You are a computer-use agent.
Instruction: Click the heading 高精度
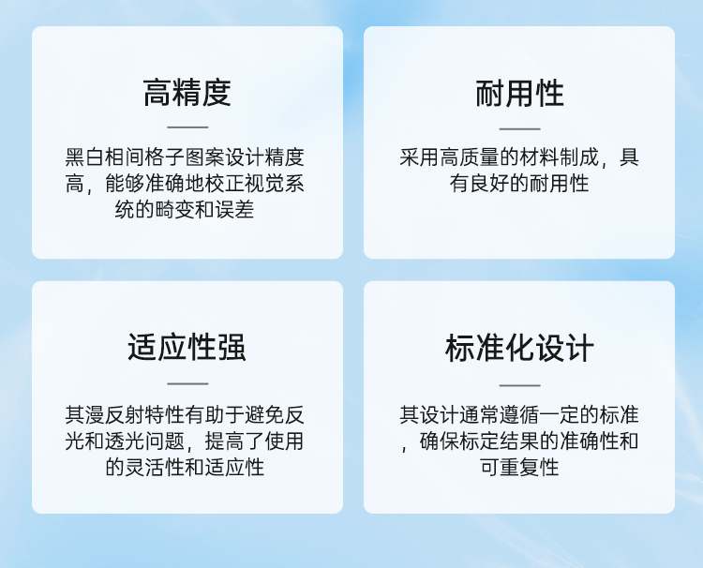(187, 93)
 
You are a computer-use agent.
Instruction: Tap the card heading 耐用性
(519, 94)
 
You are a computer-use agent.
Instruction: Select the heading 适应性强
(187, 347)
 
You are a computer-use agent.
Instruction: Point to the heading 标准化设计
(519, 348)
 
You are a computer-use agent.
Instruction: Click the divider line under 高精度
(187, 127)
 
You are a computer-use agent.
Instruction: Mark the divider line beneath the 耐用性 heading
(519, 128)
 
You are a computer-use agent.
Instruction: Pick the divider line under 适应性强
(187, 383)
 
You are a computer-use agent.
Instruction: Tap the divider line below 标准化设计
(519, 385)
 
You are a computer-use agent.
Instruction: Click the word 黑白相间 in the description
(105, 157)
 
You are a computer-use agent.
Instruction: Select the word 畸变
(175, 209)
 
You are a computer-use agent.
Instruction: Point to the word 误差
(234, 209)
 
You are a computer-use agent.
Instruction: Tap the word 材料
(539, 157)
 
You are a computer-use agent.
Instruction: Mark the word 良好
(489, 184)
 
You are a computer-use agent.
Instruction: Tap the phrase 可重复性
(519, 467)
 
